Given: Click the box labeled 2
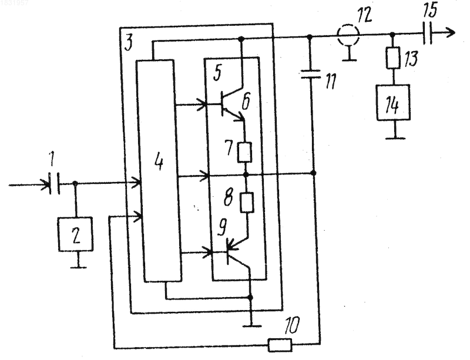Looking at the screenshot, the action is click(x=76, y=234).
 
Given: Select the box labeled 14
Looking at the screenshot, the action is click(x=393, y=103).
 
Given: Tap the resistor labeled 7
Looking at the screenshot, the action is click(x=244, y=153).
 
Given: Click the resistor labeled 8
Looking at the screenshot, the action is click(x=247, y=203).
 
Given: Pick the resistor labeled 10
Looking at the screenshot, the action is click(x=280, y=345).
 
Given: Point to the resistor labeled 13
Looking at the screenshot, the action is click(x=393, y=58).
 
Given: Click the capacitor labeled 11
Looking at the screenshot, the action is click(x=311, y=74).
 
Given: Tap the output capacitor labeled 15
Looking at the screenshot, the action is click(x=428, y=33).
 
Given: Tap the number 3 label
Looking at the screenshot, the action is click(x=128, y=42).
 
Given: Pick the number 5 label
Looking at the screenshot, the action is click(x=217, y=73).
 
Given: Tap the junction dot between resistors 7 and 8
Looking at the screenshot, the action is click(x=246, y=174).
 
